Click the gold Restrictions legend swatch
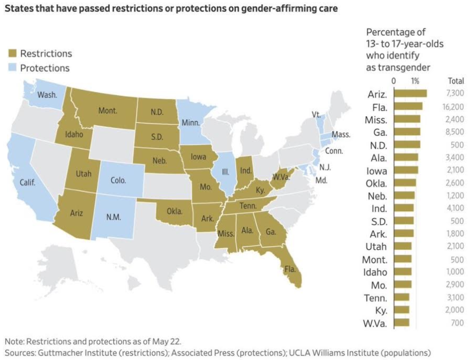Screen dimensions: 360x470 pos(12,53)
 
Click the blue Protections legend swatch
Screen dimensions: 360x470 pos(12,68)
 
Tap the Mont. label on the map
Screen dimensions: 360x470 pos(108,110)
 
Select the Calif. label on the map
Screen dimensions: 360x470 pos(27,182)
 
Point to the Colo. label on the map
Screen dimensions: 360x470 pos(118,180)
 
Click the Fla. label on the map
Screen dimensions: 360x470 pos(290,269)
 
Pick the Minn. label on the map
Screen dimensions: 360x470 pos(191,123)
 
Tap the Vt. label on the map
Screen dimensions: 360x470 pos(316,115)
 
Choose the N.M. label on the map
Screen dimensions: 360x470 pos(114,217)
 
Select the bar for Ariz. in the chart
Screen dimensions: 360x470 pos(410,93)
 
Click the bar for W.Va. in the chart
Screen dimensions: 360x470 pos(402,323)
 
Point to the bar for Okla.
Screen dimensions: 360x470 pos(405,183)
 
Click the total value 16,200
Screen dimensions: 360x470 pos(453,107)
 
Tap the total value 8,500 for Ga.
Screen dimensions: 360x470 pos(455,132)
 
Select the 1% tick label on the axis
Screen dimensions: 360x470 pos(415,81)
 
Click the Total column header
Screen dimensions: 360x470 pos(456,81)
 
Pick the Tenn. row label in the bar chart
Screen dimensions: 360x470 pos(375,298)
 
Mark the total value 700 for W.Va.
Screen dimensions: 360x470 pos(457,323)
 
